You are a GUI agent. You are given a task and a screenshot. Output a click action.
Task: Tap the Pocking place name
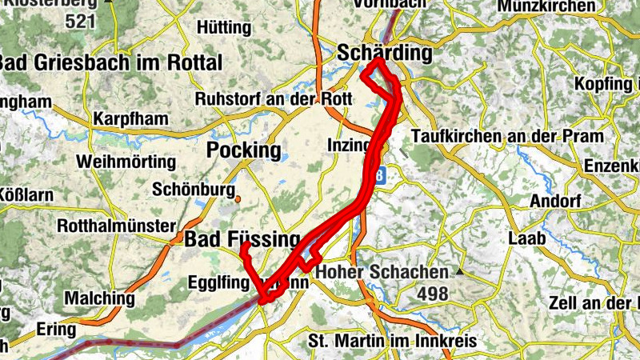tap(244, 150)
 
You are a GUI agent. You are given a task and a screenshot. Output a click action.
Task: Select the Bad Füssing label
tap(242, 239)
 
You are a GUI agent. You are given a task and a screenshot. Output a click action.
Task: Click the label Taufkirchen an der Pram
tap(506, 137)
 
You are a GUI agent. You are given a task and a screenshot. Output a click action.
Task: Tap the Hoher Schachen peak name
tap(382, 272)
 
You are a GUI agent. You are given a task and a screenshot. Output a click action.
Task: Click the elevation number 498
tap(432, 294)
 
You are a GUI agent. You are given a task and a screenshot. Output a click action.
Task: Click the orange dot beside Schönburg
tap(238, 198)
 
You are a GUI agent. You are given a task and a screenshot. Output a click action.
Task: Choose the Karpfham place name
tap(130, 119)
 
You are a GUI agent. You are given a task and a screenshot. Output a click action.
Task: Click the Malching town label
tap(99, 298)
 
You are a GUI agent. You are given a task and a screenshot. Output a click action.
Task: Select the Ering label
tap(57, 329)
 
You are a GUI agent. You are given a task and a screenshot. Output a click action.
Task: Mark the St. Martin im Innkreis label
tap(392, 342)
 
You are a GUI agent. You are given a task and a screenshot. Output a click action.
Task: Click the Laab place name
tap(530, 238)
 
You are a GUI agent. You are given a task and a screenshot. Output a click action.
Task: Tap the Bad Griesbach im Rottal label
tap(110, 62)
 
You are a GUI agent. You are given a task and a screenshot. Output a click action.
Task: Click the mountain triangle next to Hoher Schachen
tap(459, 272)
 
